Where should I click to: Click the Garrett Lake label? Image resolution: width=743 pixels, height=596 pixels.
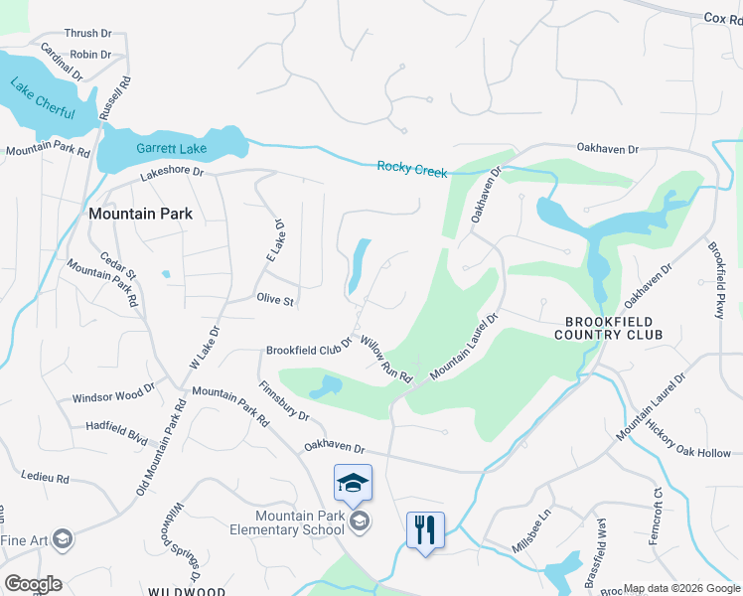[x=171, y=149]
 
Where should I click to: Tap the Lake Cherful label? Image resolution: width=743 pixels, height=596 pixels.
[x=44, y=98]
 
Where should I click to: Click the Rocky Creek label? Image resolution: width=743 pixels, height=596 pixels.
[x=412, y=168]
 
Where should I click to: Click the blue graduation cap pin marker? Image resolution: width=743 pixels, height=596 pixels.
[x=353, y=483]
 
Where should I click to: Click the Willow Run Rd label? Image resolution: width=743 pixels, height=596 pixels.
[x=386, y=360]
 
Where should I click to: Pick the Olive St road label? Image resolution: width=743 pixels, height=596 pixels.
[x=275, y=299]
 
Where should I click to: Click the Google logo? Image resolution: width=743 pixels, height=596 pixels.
[x=33, y=584]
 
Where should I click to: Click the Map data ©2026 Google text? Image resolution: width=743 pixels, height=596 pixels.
[x=680, y=588]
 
